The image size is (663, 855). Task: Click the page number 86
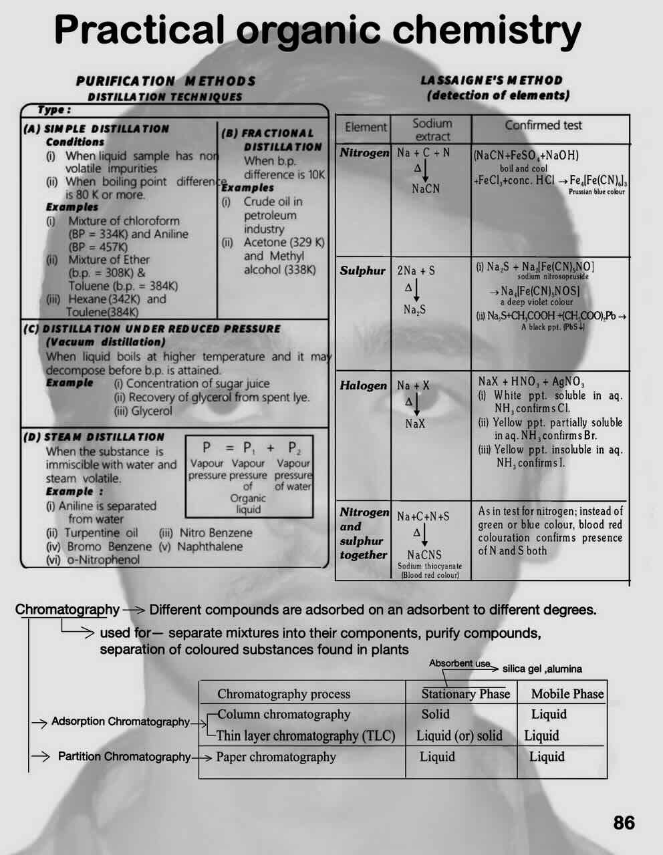pyautogui.click(x=624, y=822)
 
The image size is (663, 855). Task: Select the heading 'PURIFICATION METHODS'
pyautogui.click(x=166, y=81)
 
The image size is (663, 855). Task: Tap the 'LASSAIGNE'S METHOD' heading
pyautogui.click(x=491, y=80)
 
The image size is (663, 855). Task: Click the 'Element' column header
pyautogui.click(x=366, y=127)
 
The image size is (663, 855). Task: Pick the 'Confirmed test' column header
pyautogui.click(x=543, y=125)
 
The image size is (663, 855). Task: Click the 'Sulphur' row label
pyautogui.click(x=362, y=271)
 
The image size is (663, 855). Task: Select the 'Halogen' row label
pyautogui.click(x=363, y=385)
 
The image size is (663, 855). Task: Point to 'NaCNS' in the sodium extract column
pyautogui.click(x=424, y=554)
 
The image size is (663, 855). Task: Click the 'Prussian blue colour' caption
pyautogui.click(x=596, y=192)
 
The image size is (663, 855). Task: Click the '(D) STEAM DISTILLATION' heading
pyautogui.click(x=94, y=437)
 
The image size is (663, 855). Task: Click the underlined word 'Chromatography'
pyautogui.click(x=67, y=609)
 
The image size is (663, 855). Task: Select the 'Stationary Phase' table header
pyautogui.click(x=465, y=693)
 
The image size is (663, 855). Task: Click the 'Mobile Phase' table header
pyautogui.click(x=567, y=693)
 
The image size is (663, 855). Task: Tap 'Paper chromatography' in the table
pyautogui.click(x=276, y=757)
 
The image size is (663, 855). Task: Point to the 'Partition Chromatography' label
pyautogui.click(x=124, y=756)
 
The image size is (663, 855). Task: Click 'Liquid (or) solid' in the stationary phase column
pyautogui.click(x=459, y=735)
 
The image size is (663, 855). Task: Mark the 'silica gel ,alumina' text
pyautogui.click(x=542, y=669)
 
